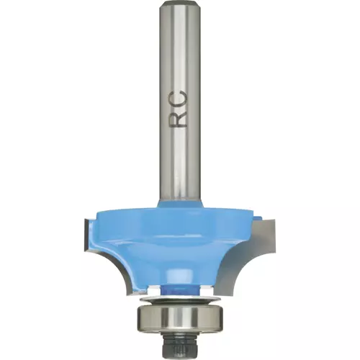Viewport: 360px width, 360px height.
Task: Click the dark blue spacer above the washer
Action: (179, 289)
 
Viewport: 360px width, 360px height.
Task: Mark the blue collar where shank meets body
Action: (181, 206)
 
